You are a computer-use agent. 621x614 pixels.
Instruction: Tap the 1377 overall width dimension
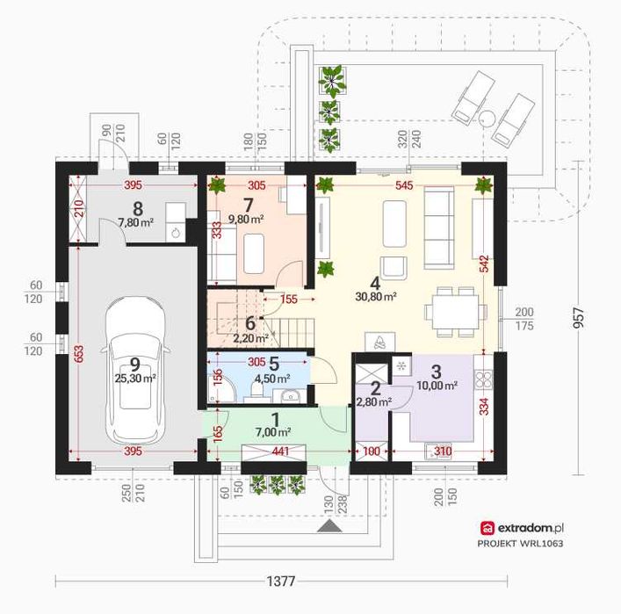point(281,581)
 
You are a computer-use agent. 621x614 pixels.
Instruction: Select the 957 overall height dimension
point(578,318)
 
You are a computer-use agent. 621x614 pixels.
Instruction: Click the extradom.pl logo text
point(531,528)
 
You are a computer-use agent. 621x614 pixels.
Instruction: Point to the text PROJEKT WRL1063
point(520,543)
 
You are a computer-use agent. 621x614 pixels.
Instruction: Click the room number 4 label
point(375,283)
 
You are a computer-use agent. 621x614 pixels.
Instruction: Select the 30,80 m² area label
point(376,296)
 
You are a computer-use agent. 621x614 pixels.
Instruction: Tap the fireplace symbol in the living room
point(379,342)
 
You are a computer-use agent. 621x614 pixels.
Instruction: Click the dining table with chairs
point(456,312)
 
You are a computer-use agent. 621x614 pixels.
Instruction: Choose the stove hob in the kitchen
point(483,379)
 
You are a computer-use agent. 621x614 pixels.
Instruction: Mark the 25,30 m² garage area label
point(135,379)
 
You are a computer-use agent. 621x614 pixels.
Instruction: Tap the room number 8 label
point(138,208)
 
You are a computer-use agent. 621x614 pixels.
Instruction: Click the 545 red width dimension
point(404,185)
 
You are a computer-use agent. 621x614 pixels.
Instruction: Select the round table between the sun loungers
point(486,118)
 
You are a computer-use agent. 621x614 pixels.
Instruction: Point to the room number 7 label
point(248,206)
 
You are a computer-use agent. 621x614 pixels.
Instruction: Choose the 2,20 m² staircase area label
point(250,338)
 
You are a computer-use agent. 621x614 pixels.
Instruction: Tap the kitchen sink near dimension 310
point(438,452)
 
